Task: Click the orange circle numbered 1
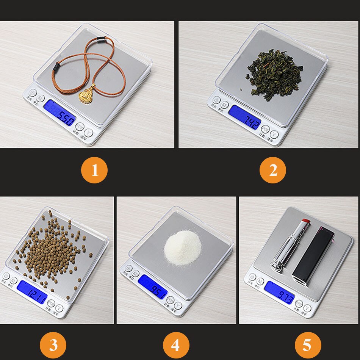(x=95, y=171)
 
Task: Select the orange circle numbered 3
(x=53, y=345)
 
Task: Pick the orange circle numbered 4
(x=176, y=345)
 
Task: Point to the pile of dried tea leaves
(x=275, y=74)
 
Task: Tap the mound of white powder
(x=182, y=248)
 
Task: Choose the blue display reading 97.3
(x=280, y=292)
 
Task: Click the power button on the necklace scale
(x=33, y=92)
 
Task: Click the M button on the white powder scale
(x=136, y=273)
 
